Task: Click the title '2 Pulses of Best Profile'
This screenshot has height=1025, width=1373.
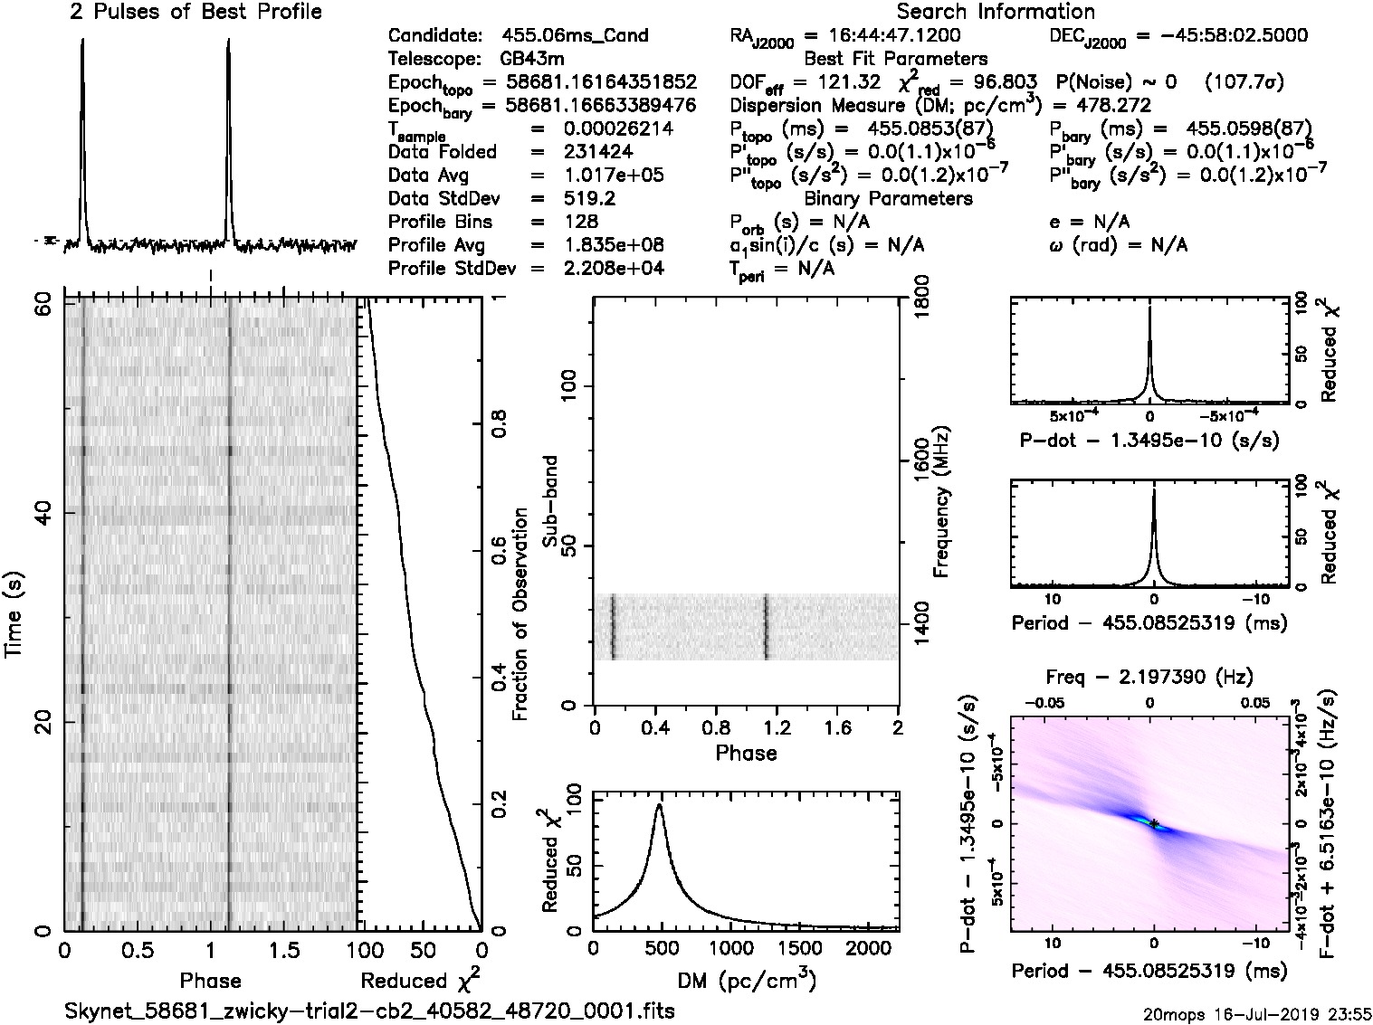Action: (x=195, y=13)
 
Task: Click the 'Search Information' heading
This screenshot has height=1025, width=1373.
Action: (x=995, y=13)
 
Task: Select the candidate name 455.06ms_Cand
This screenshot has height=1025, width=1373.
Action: (x=575, y=36)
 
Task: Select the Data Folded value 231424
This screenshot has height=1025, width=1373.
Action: (x=598, y=153)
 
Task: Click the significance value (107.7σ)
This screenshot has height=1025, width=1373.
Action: (x=1244, y=83)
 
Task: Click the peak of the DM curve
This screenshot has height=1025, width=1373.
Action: (x=660, y=804)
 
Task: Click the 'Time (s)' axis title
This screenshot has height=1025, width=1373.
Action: (x=15, y=614)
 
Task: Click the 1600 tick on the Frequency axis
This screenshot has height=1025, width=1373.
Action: (x=920, y=462)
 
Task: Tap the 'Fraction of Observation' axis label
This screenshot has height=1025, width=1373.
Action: (x=520, y=614)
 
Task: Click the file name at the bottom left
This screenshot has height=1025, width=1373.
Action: (x=369, y=1011)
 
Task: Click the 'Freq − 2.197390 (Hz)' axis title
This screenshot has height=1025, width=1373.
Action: (x=1149, y=677)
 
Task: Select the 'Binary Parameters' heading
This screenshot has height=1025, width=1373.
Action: (x=888, y=199)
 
